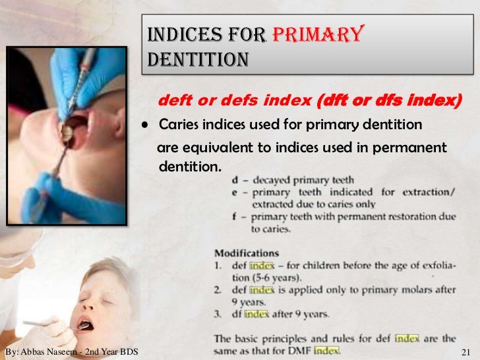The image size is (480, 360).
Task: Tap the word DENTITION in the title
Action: [198, 60]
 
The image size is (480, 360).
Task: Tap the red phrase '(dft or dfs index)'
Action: [390, 102]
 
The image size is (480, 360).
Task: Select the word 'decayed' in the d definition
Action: [270, 179]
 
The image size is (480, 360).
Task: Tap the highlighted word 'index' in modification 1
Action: [263, 265]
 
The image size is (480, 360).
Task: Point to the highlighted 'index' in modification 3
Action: [257, 315]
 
